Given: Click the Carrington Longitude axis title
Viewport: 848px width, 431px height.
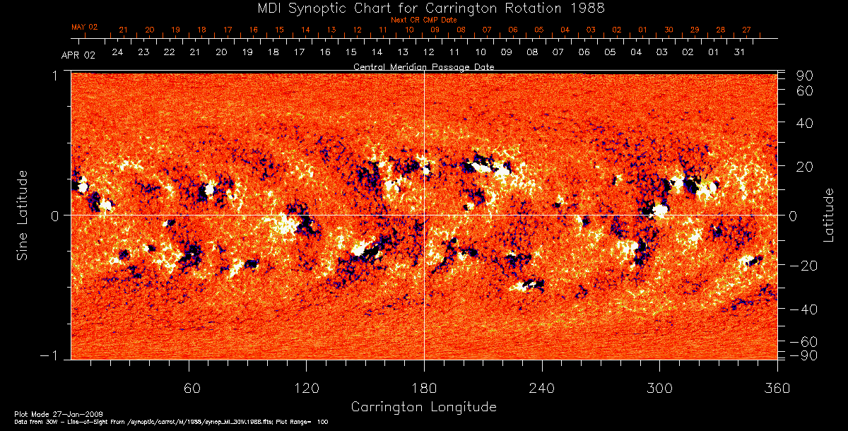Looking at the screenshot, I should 423,407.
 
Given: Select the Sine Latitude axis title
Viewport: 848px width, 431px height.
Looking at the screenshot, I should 23,215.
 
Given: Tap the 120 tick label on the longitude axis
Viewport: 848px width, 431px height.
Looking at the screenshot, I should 306,388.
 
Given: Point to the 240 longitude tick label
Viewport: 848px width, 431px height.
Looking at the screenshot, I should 541,388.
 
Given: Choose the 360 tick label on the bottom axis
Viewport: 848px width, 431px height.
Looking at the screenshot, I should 777,388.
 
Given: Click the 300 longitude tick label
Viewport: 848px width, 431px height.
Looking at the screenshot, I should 659,388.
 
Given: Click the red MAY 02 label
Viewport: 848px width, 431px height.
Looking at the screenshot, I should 84,27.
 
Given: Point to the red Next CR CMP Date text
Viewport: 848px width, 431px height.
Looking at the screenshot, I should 424,20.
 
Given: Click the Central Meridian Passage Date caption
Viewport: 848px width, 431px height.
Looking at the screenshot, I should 424,67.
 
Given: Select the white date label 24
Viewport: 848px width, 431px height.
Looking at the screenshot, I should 117,52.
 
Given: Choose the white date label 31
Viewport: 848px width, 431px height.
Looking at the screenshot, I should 739,52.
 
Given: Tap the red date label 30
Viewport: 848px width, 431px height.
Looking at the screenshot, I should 668,30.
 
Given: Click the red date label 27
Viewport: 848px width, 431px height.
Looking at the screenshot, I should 746,30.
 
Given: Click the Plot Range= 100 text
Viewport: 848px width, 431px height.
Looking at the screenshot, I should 304,421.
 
